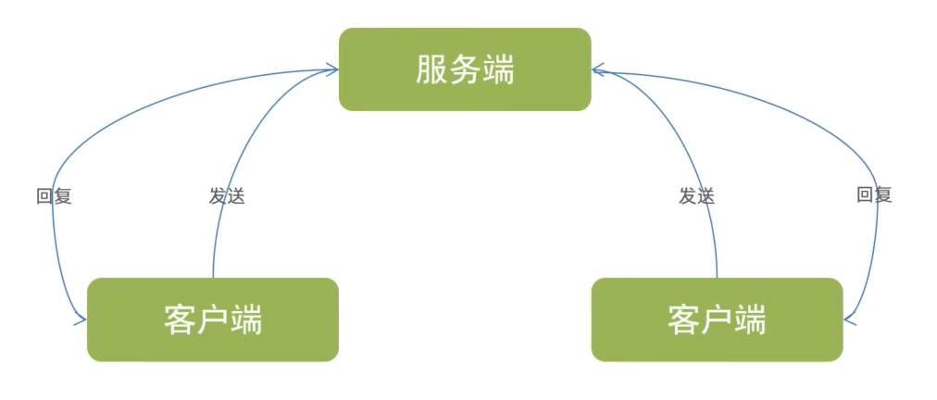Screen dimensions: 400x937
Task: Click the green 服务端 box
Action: [465, 69]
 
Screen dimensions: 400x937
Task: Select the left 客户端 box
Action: [213, 319]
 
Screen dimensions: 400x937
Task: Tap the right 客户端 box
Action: [717, 319]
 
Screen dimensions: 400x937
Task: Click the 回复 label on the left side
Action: [54, 196]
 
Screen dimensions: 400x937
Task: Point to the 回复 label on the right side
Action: [874, 195]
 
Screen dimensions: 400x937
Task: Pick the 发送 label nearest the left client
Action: [227, 196]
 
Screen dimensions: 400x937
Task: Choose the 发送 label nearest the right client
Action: [696, 196]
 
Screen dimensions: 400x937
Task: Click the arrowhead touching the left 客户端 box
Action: [81, 320]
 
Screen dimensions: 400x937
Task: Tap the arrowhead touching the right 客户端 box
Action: [849, 320]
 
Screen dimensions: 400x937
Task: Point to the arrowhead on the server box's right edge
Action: [597, 69]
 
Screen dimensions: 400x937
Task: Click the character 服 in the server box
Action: [431, 70]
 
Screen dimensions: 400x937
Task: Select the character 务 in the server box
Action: [465, 70]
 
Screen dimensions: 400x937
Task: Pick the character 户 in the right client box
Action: [717, 320]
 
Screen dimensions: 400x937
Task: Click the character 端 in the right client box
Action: [750, 320]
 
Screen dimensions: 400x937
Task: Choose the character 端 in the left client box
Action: [246, 320]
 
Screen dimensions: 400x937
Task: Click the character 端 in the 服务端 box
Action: [498, 70]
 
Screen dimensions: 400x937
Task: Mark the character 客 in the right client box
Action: [683, 320]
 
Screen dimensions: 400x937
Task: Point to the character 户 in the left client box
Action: [213, 320]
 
